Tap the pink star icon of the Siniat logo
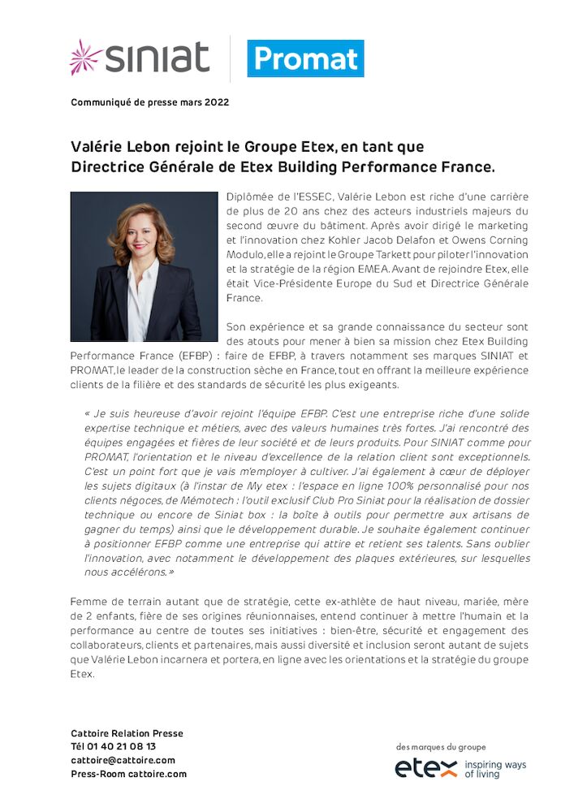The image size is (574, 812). click(x=85, y=57)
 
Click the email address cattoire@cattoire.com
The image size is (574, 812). click(x=123, y=760)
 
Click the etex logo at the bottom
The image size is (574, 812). click(x=426, y=768)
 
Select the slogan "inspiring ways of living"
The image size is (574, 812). click(x=495, y=769)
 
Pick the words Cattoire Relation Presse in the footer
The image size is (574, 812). click(x=127, y=732)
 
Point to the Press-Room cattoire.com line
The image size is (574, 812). click(x=128, y=774)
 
